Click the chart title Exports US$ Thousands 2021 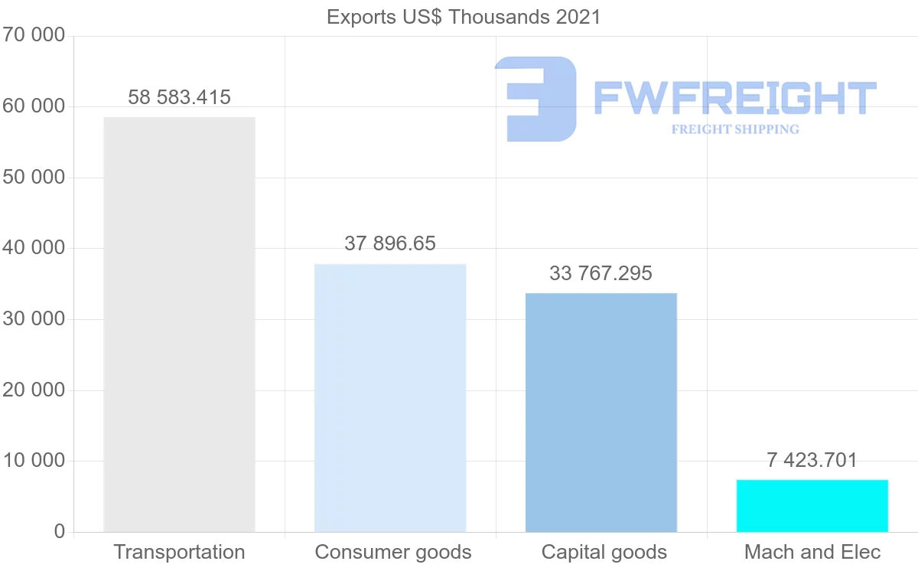[x=464, y=17]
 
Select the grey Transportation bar [x=179, y=325]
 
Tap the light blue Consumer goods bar [x=390, y=398]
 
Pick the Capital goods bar [x=601, y=413]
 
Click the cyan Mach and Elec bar [x=812, y=506]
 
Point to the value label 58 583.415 [x=179, y=97]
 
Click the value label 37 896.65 [x=390, y=243]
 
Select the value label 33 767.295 [x=601, y=273]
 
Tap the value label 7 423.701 [x=812, y=460]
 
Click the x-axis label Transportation [x=179, y=552]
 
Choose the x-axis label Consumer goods [x=393, y=552]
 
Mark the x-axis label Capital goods [x=604, y=552]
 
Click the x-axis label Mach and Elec [x=812, y=552]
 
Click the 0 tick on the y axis [x=60, y=532]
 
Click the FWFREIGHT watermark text [x=734, y=98]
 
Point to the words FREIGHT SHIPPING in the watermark [x=734, y=129]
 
